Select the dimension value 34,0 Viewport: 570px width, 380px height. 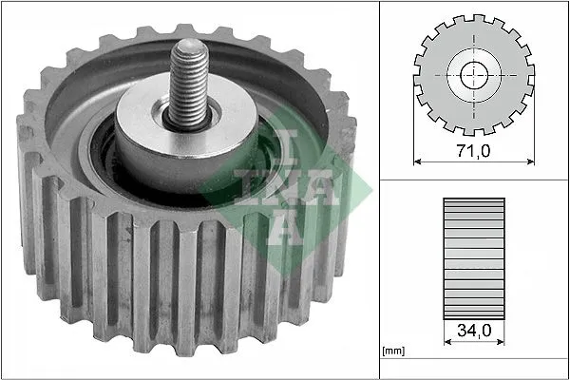[x=472, y=332]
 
